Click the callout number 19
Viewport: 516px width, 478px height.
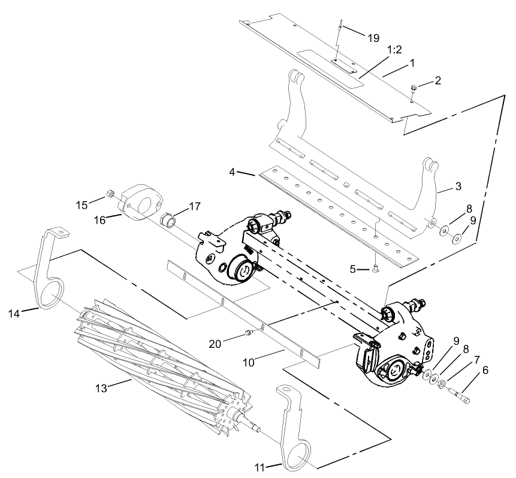(373, 37)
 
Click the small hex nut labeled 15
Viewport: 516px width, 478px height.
(110, 194)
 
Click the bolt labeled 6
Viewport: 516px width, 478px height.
(461, 396)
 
